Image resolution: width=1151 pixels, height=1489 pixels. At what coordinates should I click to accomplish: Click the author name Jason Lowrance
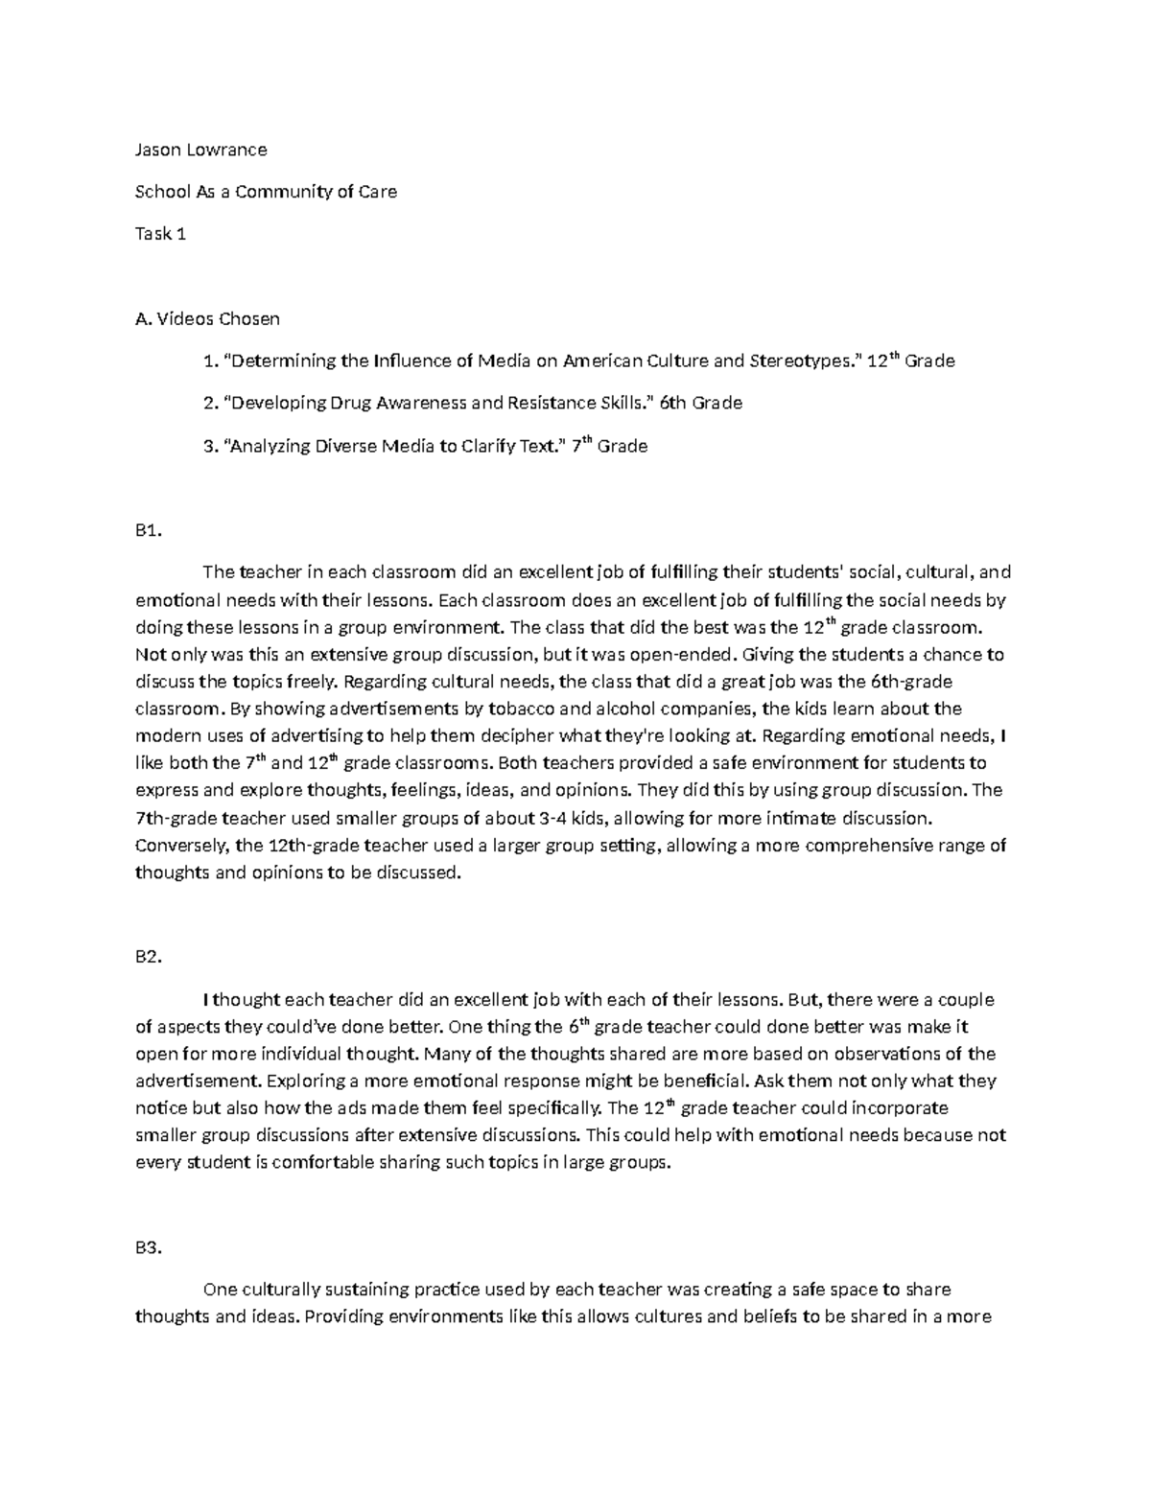[200, 150]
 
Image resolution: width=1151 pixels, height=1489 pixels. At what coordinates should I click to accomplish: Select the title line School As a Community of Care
[266, 191]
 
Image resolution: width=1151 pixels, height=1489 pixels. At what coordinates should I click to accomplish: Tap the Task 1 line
[160, 233]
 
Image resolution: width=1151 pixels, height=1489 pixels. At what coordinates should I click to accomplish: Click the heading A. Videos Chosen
[207, 318]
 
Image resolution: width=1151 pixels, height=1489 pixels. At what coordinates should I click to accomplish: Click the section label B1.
[148, 531]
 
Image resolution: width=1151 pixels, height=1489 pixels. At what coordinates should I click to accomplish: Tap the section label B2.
[149, 957]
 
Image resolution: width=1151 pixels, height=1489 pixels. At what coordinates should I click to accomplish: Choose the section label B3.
[149, 1248]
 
